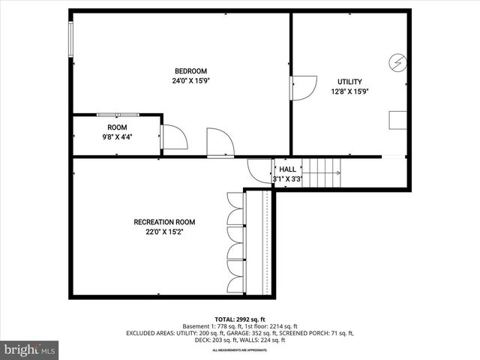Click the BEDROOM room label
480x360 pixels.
pyautogui.click(x=191, y=71)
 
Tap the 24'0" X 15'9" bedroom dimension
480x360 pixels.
pyautogui.click(x=191, y=81)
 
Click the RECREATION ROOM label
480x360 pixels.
pyautogui.click(x=164, y=222)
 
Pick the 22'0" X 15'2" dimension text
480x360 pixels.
pyautogui.click(x=164, y=232)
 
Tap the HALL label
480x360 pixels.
pyautogui.click(x=287, y=169)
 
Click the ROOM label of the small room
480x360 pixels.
pyautogui.click(x=116, y=127)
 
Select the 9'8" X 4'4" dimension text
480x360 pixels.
pyautogui.click(x=116, y=137)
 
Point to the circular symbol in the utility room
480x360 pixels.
pyautogui.click(x=397, y=61)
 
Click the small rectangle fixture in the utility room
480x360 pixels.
pyautogui.click(x=397, y=121)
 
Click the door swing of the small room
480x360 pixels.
pyautogui.click(x=173, y=138)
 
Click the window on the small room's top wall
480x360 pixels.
pyautogui.click(x=117, y=114)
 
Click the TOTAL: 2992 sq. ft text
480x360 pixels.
pyautogui.click(x=240, y=318)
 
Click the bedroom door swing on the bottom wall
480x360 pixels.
pyautogui.click(x=220, y=142)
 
